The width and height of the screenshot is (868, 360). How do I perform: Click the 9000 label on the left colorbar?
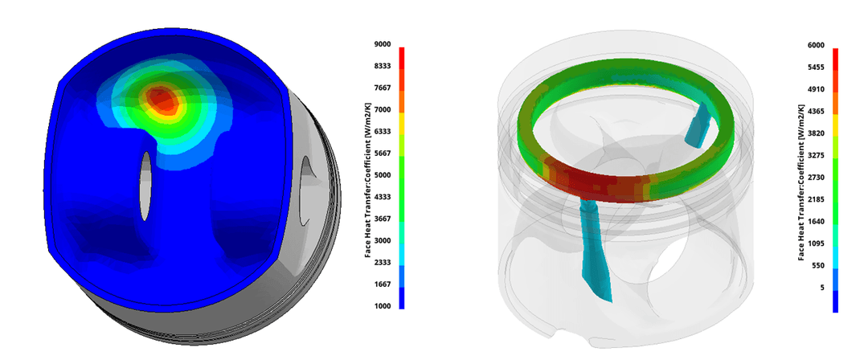point(382,44)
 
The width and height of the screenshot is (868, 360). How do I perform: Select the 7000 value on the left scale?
point(382,109)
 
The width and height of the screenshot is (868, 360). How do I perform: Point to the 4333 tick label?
point(382,197)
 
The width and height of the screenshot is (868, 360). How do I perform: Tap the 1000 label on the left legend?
point(382,306)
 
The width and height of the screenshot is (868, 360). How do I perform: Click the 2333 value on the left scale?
point(382,263)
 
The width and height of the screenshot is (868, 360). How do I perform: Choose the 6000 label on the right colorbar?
point(816,45)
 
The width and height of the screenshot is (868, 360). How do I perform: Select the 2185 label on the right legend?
point(816,199)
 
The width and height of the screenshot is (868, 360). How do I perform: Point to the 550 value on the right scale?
point(818,266)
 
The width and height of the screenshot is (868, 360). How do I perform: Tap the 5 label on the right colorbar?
point(823,288)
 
